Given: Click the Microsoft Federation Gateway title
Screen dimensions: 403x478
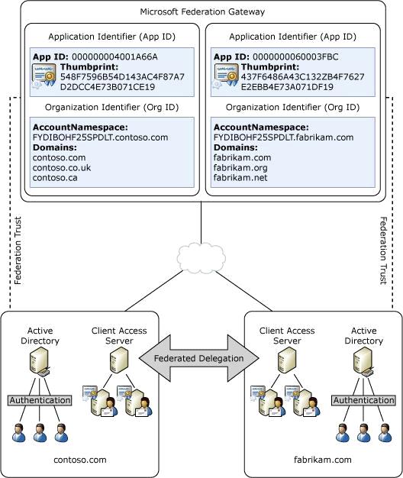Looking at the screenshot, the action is [x=202, y=12].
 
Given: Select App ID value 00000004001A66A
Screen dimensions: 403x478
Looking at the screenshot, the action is [x=114, y=57].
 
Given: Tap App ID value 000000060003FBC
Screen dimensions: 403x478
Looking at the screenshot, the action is [x=295, y=57].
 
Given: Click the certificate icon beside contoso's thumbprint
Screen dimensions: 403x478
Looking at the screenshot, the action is [x=44, y=76].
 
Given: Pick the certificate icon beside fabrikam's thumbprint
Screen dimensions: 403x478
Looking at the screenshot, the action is [x=226, y=76].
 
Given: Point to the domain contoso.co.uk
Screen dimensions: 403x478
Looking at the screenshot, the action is [x=62, y=168].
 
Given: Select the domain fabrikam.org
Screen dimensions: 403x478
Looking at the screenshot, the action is [x=240, y=168].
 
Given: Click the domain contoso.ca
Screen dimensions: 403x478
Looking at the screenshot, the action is [x=55, y=178].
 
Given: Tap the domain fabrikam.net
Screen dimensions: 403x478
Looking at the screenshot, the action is [x=240, y=178].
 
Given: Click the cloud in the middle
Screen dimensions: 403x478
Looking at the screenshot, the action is [x=201, y=258].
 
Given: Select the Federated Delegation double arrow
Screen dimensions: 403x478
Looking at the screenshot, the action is [x=199, y=358].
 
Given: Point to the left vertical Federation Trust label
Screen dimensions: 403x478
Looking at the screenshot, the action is [x=18, y=250].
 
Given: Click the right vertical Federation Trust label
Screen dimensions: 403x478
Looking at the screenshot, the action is [x=383, y=250].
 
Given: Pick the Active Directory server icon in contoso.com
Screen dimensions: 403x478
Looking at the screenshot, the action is [x=40, y=362].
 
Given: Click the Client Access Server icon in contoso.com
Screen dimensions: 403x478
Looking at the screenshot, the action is [x=119, y=360].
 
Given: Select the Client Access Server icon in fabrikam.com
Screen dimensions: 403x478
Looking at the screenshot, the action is [x=287, y=360].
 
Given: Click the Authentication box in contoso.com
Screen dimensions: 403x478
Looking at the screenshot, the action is [x=40, y=400].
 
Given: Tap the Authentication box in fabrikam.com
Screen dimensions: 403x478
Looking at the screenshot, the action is [x=364, y=400].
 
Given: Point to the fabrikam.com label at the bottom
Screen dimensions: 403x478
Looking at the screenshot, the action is [x=323, y=460].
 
